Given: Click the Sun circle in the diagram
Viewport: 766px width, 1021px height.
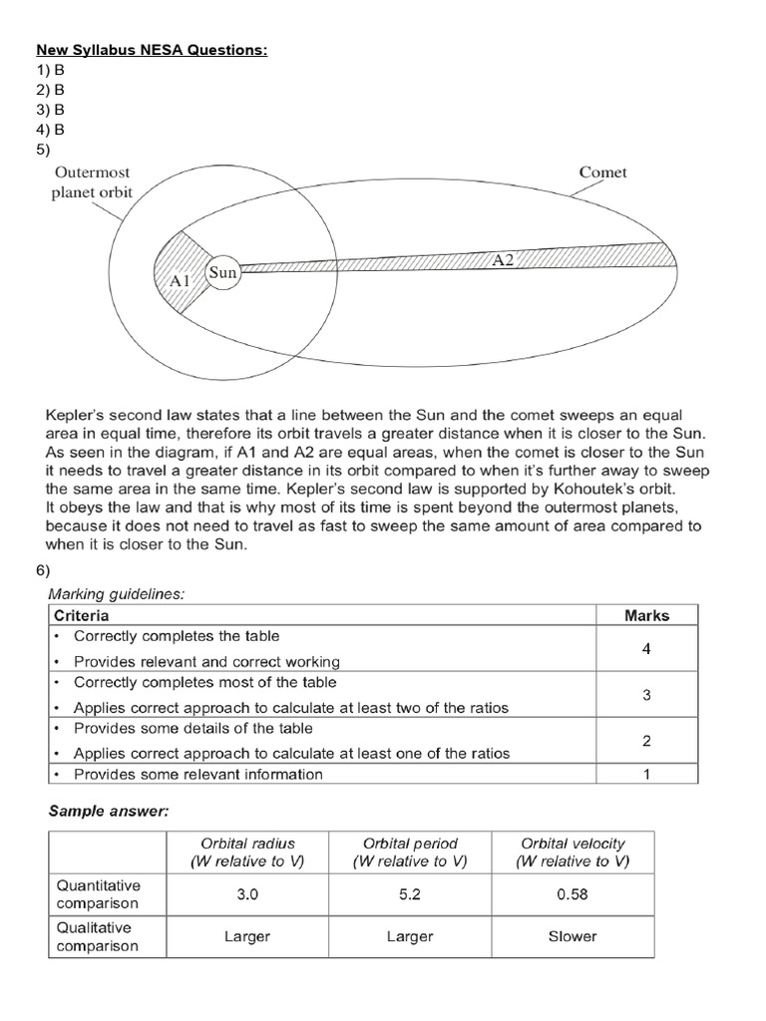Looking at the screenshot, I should [x=223, y=272].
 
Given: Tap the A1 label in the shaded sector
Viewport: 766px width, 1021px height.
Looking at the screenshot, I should [x=180, y=281].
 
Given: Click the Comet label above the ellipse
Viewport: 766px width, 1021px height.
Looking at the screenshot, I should [x=602, y=172].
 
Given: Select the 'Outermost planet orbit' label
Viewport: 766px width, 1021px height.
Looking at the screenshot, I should [x=92, y=181].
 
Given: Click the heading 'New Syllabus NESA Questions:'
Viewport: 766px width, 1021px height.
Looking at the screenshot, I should [x=152, y=50].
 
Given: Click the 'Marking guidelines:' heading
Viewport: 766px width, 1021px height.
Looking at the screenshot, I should [x=117, y=593].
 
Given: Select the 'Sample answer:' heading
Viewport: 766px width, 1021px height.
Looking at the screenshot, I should [x=109, y=812].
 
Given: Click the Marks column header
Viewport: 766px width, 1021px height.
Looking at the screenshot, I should [x=646, y=615].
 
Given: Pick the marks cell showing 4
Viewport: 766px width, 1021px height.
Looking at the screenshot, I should [x=646, y=649].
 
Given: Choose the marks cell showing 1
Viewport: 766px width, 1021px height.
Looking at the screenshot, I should [x=646, y=775].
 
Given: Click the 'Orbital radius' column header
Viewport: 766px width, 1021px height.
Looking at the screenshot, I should [x=247, y=852].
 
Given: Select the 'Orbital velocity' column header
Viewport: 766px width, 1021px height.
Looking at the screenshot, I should [x=573, y=852].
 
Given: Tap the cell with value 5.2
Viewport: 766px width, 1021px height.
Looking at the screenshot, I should [x=409, y=894].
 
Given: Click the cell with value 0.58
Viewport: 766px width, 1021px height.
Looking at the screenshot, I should [x=573, y=894].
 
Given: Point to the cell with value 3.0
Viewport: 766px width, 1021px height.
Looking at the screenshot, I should [x=247, y=894].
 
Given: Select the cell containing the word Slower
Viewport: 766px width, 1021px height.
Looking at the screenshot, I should [x=573, y=936].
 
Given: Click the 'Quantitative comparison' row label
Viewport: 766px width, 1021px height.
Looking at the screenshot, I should [x=99, y=894].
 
